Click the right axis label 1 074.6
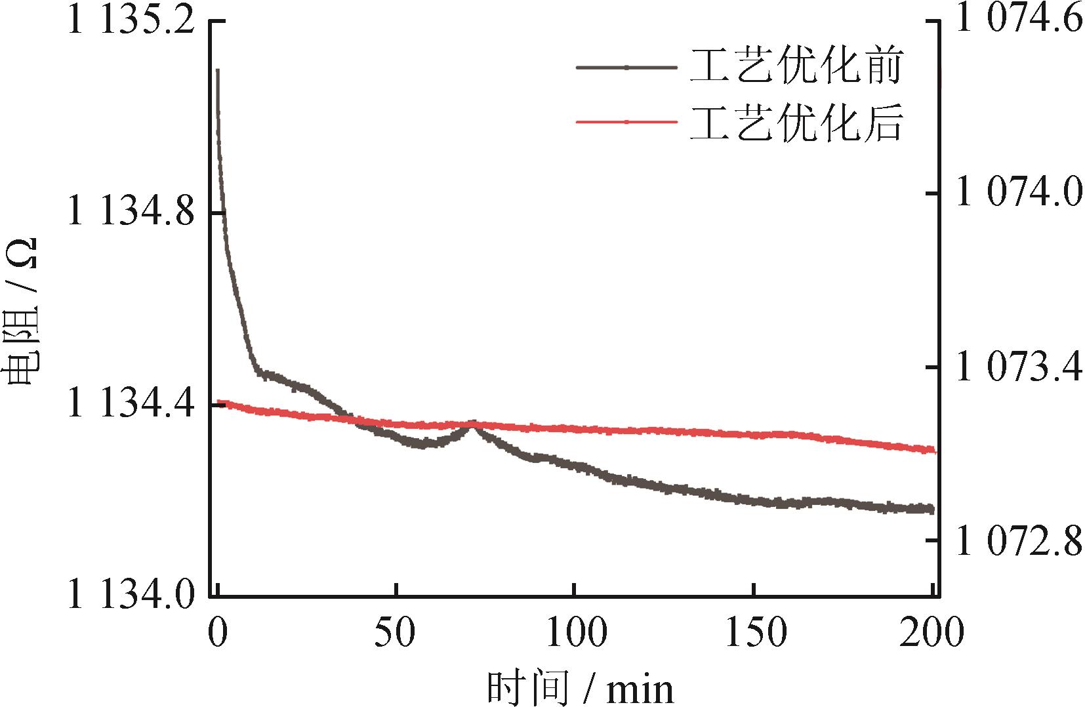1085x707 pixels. click(1019, 20)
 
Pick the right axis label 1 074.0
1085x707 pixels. click(1019, 193)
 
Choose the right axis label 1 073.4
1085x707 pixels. click(1019, 368)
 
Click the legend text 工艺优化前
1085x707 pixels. click(796, 66)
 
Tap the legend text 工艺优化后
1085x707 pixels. click(796, 122)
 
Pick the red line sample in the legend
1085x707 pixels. click(626, 122)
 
